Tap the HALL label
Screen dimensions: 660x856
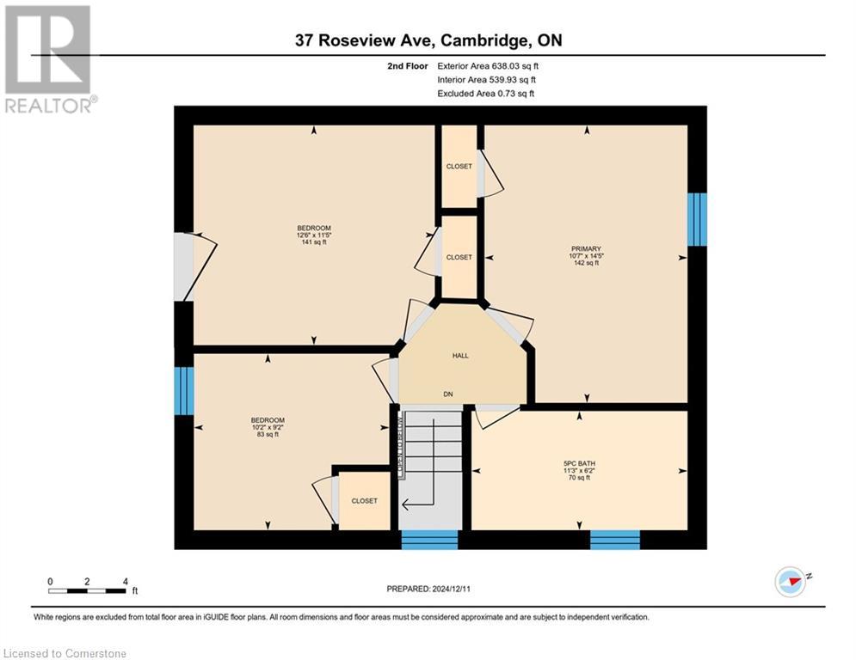coord(460,355)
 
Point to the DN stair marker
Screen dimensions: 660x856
coord(448,394)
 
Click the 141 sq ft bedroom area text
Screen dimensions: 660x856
coord(313,242)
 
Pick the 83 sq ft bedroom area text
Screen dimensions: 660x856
coord(267,435)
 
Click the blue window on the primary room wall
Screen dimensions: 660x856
coord(697,219)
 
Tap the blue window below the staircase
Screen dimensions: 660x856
coord(429,540)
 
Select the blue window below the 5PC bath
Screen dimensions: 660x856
coord(614,540)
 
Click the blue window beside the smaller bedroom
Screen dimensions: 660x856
coord(183,391)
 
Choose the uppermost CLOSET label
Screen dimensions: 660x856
coord(459,166)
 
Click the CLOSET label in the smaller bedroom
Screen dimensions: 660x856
coord(364,501)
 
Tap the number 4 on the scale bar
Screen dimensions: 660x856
coord(126,581)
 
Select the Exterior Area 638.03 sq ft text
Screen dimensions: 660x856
coord(488,65)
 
